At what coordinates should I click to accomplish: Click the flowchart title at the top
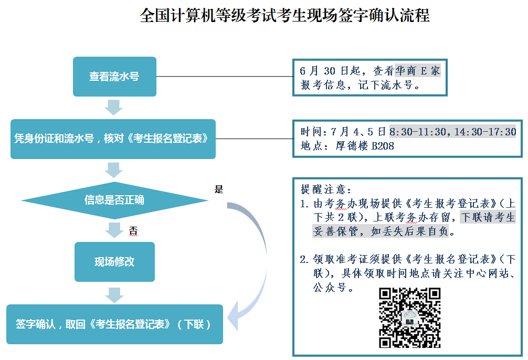284,15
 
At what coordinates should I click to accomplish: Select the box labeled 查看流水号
114,77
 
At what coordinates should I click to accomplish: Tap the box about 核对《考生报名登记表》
113,139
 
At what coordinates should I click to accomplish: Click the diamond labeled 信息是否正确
114,200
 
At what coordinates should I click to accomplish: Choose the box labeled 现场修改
114,262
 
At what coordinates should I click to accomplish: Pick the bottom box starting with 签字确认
114,324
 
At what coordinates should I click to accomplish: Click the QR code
409,317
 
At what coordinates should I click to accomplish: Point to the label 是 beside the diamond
219,189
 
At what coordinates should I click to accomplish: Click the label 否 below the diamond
133,231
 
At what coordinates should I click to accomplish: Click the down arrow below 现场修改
114,295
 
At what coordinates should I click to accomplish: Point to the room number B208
383,146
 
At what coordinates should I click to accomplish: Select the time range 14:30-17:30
485,131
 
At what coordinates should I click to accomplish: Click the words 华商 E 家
418,71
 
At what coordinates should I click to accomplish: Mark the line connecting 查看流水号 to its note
225,77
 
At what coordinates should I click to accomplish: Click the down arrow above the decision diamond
113,170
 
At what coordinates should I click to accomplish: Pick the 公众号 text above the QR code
332,287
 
